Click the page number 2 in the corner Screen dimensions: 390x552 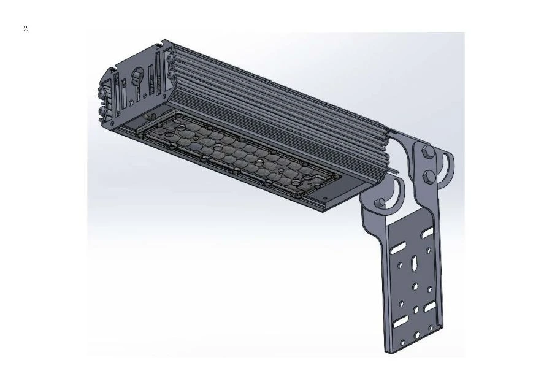coord(25,29)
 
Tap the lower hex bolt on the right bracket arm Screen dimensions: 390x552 coord(429,178)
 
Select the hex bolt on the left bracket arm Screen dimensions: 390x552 coord(380,204)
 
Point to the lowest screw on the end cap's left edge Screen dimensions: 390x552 coord(102,112)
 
